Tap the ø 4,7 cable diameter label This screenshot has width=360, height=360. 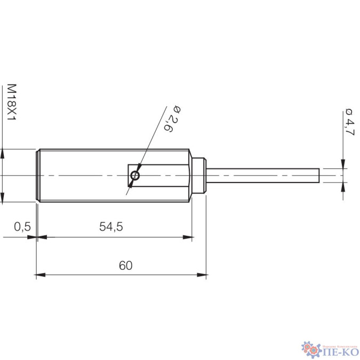[349, 123]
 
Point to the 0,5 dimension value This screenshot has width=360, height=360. [22, 227]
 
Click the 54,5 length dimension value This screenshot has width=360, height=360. [111, 227]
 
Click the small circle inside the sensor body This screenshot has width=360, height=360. [135, 175]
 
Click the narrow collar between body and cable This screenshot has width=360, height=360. [199, 175]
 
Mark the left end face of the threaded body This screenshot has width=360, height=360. [37, 175]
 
